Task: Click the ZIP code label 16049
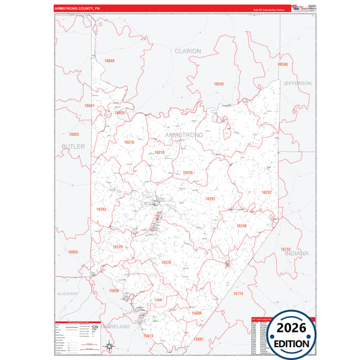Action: [x=109, y=61]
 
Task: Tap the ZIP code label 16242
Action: [x=218, y=84]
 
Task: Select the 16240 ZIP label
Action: [x=282, y=64]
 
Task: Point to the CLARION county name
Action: [x=188, y=51]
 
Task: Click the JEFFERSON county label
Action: [x=297, y=83]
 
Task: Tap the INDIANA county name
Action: [x=297, y=253]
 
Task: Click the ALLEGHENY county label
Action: [x=68, y=294]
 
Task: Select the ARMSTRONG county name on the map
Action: [x=184, y=135]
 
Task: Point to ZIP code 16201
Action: [x=210, y=199]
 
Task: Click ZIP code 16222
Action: [x=266, y=192]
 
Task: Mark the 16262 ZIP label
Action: [x=101, y=209]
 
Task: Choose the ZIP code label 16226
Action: [x=166, y=262]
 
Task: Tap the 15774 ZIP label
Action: [x=237, y=294]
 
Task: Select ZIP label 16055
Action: [x=73, y=252]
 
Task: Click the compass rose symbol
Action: [x=109, y=347]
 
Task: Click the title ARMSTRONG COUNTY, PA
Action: [x=78, y=9]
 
